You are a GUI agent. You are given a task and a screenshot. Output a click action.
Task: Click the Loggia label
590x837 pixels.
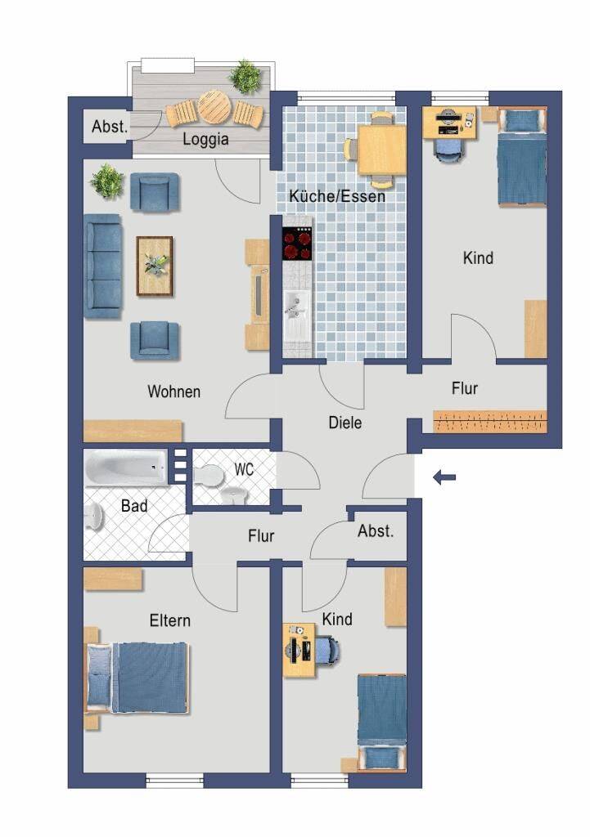pos(205,139)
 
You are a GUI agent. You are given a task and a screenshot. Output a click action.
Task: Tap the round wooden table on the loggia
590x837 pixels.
pos(214,106)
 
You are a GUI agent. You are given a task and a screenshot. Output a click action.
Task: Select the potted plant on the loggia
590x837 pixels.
pos(245,77)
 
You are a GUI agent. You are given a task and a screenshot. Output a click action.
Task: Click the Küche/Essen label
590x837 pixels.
pos(337,196)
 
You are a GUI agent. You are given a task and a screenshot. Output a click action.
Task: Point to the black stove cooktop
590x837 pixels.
pos(297,244)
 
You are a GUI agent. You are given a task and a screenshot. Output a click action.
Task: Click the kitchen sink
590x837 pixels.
pos(297,310)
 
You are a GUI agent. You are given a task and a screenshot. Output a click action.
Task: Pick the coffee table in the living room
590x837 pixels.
pos(155,266)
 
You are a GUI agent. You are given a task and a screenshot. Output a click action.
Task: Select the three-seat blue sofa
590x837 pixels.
pos(102,266)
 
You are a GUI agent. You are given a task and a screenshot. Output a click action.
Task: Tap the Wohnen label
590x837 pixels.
pos(173,392)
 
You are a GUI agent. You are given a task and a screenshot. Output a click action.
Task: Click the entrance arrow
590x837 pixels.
pos(444,477)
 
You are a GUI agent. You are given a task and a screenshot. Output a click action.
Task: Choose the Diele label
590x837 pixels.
pos(345,423)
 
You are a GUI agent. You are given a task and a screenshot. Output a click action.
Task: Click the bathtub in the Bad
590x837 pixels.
pos(127,468)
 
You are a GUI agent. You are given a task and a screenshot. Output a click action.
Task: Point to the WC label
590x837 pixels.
pos(244,470)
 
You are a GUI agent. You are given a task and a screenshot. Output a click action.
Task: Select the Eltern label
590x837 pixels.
pos(170,621)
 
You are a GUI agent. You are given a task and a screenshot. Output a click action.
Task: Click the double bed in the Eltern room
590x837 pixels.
pos(137,678)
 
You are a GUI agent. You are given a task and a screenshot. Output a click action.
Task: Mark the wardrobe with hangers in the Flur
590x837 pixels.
pos(490,421)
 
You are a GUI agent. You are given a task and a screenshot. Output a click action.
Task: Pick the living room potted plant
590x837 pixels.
pos(108,181)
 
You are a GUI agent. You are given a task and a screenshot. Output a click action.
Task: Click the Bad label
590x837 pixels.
pos(134,505)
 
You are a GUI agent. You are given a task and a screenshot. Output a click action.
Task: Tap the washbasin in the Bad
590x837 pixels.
pos(94,517)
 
